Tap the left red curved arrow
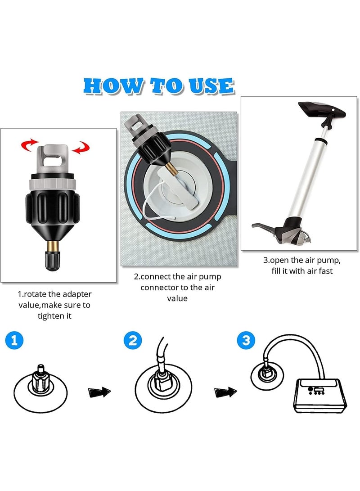[x=29, y=145]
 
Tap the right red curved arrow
[x=81, y=147]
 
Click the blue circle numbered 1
[x=14, y=340]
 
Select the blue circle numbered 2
[x=133, y=340]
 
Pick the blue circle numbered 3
[x=246, y=340]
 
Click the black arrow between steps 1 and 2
[x=99, y=392]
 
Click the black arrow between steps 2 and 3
[x=225, y=392]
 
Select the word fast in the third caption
[x=325, y=271]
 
